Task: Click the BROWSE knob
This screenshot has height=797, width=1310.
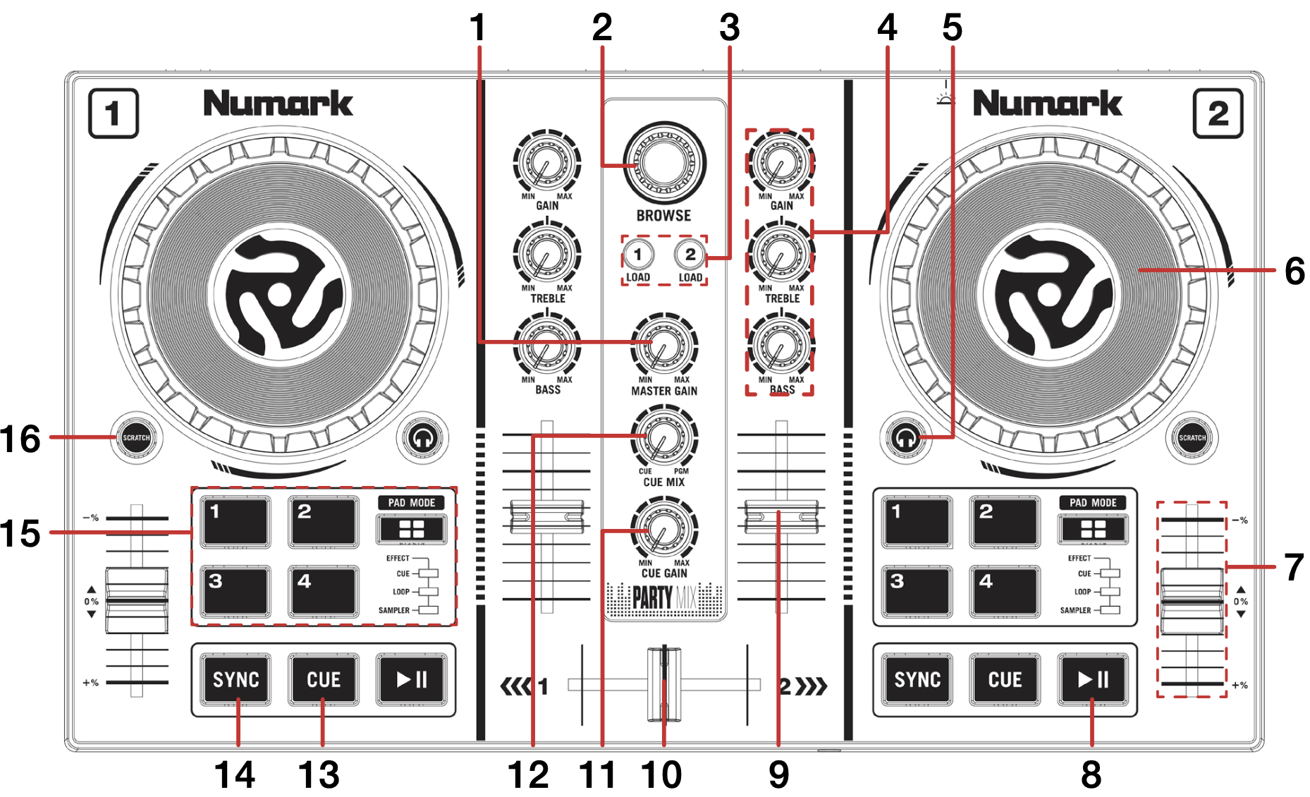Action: pos(663,163)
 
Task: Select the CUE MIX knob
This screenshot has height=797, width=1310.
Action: pos(663,438)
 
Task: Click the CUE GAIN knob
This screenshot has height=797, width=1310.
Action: pos(663,530)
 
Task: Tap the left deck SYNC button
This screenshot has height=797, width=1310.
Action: pos(235,679)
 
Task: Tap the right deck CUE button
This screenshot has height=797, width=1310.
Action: pos(1005,679)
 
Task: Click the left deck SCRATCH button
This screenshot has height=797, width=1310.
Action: pos(136,437)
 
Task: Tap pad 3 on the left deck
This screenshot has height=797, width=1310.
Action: pos(235,590)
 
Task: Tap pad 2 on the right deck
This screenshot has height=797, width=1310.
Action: pos(1005,521)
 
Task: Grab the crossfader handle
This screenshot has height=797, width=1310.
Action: pos(663,684)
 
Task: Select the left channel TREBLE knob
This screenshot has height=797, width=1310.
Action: pos(546,255)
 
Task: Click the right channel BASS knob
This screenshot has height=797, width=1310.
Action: pos(781,346)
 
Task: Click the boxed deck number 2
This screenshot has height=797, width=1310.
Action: pos(1218,114)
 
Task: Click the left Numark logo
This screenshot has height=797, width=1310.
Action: pos(278,104)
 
